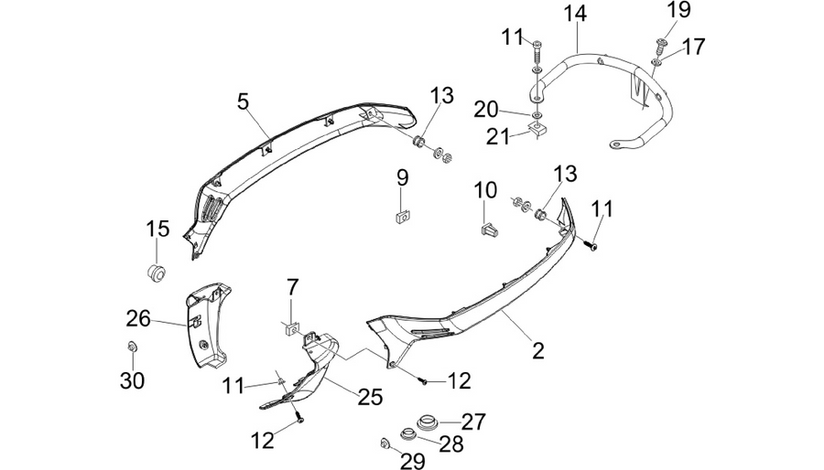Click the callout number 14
pos(576,13)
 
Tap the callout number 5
pos(243,101)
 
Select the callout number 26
pos(138,318)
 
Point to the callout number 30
pos(132,380)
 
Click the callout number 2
pos(538,350)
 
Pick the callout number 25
pos(370,397)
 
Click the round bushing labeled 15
pos(156,273)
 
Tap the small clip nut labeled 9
pos(403,216)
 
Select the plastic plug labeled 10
pos(489,230)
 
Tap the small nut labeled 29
pos(385,444)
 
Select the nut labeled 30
pos(133,347)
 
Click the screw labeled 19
pos(660,46)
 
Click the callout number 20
pos(486,110)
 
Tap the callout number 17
pos(694,47)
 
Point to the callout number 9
pos(402,177)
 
